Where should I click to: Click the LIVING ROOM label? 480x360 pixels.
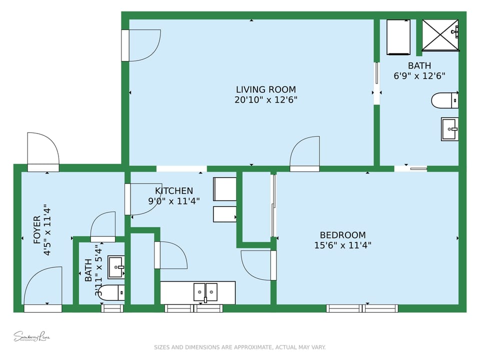(x=265, y=89)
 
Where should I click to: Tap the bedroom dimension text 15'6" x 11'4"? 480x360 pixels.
(x=342, y=245)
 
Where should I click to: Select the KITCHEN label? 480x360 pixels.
(x=173, y=191)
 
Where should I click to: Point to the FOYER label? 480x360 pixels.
(x=37, y=229)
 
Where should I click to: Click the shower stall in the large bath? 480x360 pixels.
(x=440, y=35)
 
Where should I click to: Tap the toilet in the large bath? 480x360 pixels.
(x=444, y=100)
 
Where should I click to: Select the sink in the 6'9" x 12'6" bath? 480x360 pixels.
(x=449, y=129)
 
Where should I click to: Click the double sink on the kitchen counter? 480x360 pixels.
(x=205, y=292)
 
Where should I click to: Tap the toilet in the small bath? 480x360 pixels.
(x=111, y=292)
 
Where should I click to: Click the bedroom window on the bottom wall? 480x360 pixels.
(x=362, y=308)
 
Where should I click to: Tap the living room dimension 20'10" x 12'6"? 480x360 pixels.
(x=265, y=100)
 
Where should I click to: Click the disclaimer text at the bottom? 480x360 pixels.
(x=239, y=347)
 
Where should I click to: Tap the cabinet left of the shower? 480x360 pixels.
(x=398, y=37)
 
